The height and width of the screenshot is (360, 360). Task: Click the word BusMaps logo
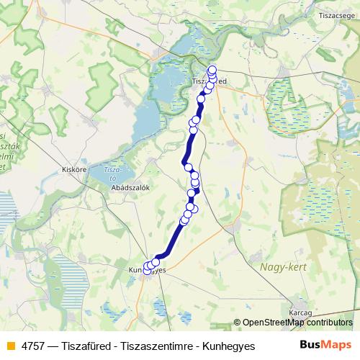click(x=326, y=346)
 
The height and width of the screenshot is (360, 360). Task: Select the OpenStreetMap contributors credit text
click(x=293, y=323)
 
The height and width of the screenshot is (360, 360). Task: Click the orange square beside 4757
click(x=10, y=346)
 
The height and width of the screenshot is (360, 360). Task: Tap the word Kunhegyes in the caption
click(x=225, y=346)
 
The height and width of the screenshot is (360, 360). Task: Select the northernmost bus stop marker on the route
click(x=212, y=70)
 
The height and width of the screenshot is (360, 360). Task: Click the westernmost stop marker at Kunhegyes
click(x=148, y=269)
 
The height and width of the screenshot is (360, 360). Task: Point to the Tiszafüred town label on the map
click(x=210, y=81)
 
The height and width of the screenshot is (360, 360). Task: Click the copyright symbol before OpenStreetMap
click(x=238, y=323)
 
